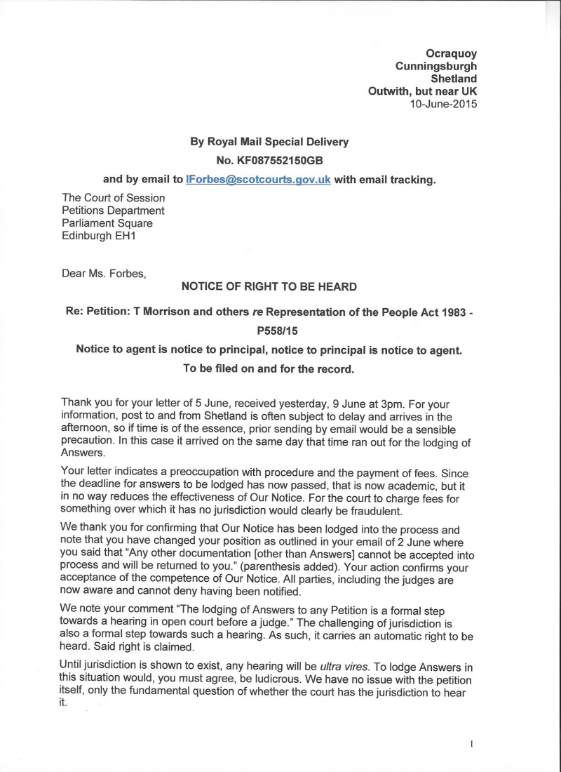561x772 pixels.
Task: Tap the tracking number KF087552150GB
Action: [269, 160]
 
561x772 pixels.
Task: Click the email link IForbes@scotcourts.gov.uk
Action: [258, 179]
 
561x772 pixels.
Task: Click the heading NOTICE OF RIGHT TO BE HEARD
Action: [269, 286]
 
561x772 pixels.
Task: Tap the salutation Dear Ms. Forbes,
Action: [104, 272]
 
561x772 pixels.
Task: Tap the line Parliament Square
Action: [107, 223]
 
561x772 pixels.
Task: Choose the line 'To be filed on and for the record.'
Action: [269, 368]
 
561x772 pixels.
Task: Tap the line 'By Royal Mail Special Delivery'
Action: [269, 142]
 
